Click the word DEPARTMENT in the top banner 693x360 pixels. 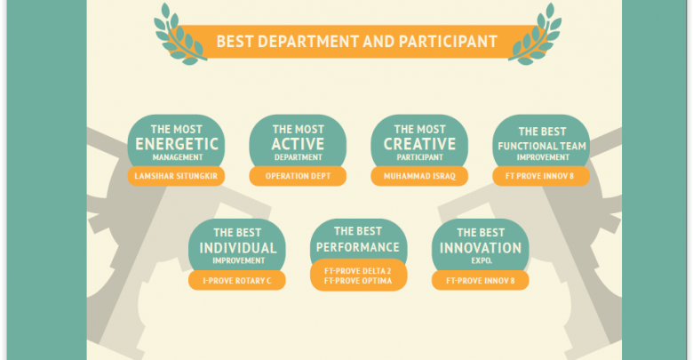tap(307, 42)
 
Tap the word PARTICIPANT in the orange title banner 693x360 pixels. tap(448, 42)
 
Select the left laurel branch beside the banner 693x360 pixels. tap(179, 35)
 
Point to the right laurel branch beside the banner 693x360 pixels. tap(534, 35)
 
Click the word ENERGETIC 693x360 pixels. tap(177, 144)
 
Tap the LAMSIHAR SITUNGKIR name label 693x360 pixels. tap(176, 176)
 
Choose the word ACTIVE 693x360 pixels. tap(298, 144)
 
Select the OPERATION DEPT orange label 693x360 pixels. tap(298, 176)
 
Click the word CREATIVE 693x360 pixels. tap(419, 144)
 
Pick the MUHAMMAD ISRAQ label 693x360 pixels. tap(419, 176)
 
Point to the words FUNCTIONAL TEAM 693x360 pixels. tap(542, 146)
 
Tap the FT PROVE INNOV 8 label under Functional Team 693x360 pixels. tap(541, 176)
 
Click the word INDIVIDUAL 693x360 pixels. tap(238, 248)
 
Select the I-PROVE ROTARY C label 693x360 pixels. tap(237, 280)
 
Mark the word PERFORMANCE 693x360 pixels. tap(357, 247)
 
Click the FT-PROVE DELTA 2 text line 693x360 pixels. tap(357, 271)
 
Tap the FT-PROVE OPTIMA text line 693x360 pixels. tap(357, 281)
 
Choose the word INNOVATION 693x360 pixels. tap(481, 248)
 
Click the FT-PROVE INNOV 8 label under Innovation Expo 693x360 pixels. tap(481, 280)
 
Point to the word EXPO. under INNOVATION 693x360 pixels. tap(482, 261)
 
